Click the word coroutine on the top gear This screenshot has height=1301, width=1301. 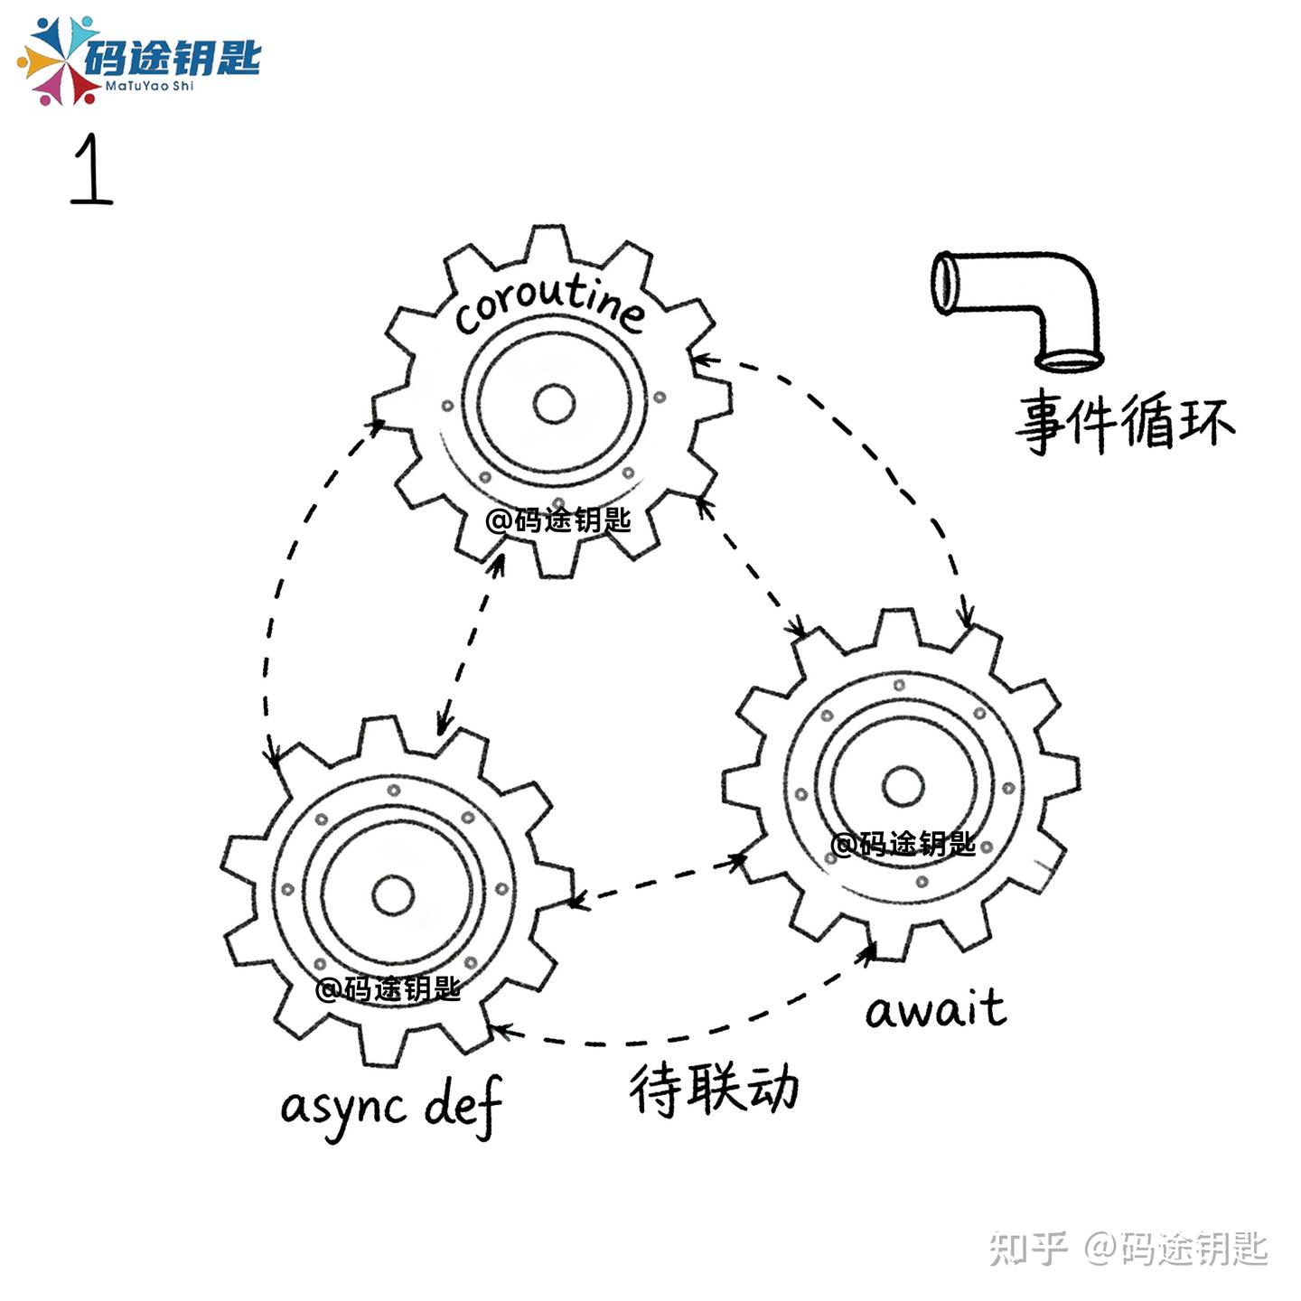coord(549,303)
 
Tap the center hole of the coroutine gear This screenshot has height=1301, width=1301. coord(554,404)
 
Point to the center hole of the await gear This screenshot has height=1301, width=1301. coord(903,786)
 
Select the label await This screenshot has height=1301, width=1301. coord(935,1009)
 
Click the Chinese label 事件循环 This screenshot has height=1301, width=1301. coord(1125,421)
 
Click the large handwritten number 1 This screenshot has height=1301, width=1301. coord(91,170)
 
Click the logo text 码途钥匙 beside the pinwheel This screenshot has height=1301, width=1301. coord(172,57)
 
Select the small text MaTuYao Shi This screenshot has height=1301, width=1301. coord(149,87)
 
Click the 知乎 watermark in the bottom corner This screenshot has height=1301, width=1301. coord(1028,1248)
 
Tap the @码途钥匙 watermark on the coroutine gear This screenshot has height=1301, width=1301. coord(557,520)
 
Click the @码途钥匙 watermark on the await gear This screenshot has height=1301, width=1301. coord(903,844)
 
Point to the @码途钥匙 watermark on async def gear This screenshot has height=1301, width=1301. coord(388,988)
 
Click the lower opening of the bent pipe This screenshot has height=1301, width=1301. coord(1070,360)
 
